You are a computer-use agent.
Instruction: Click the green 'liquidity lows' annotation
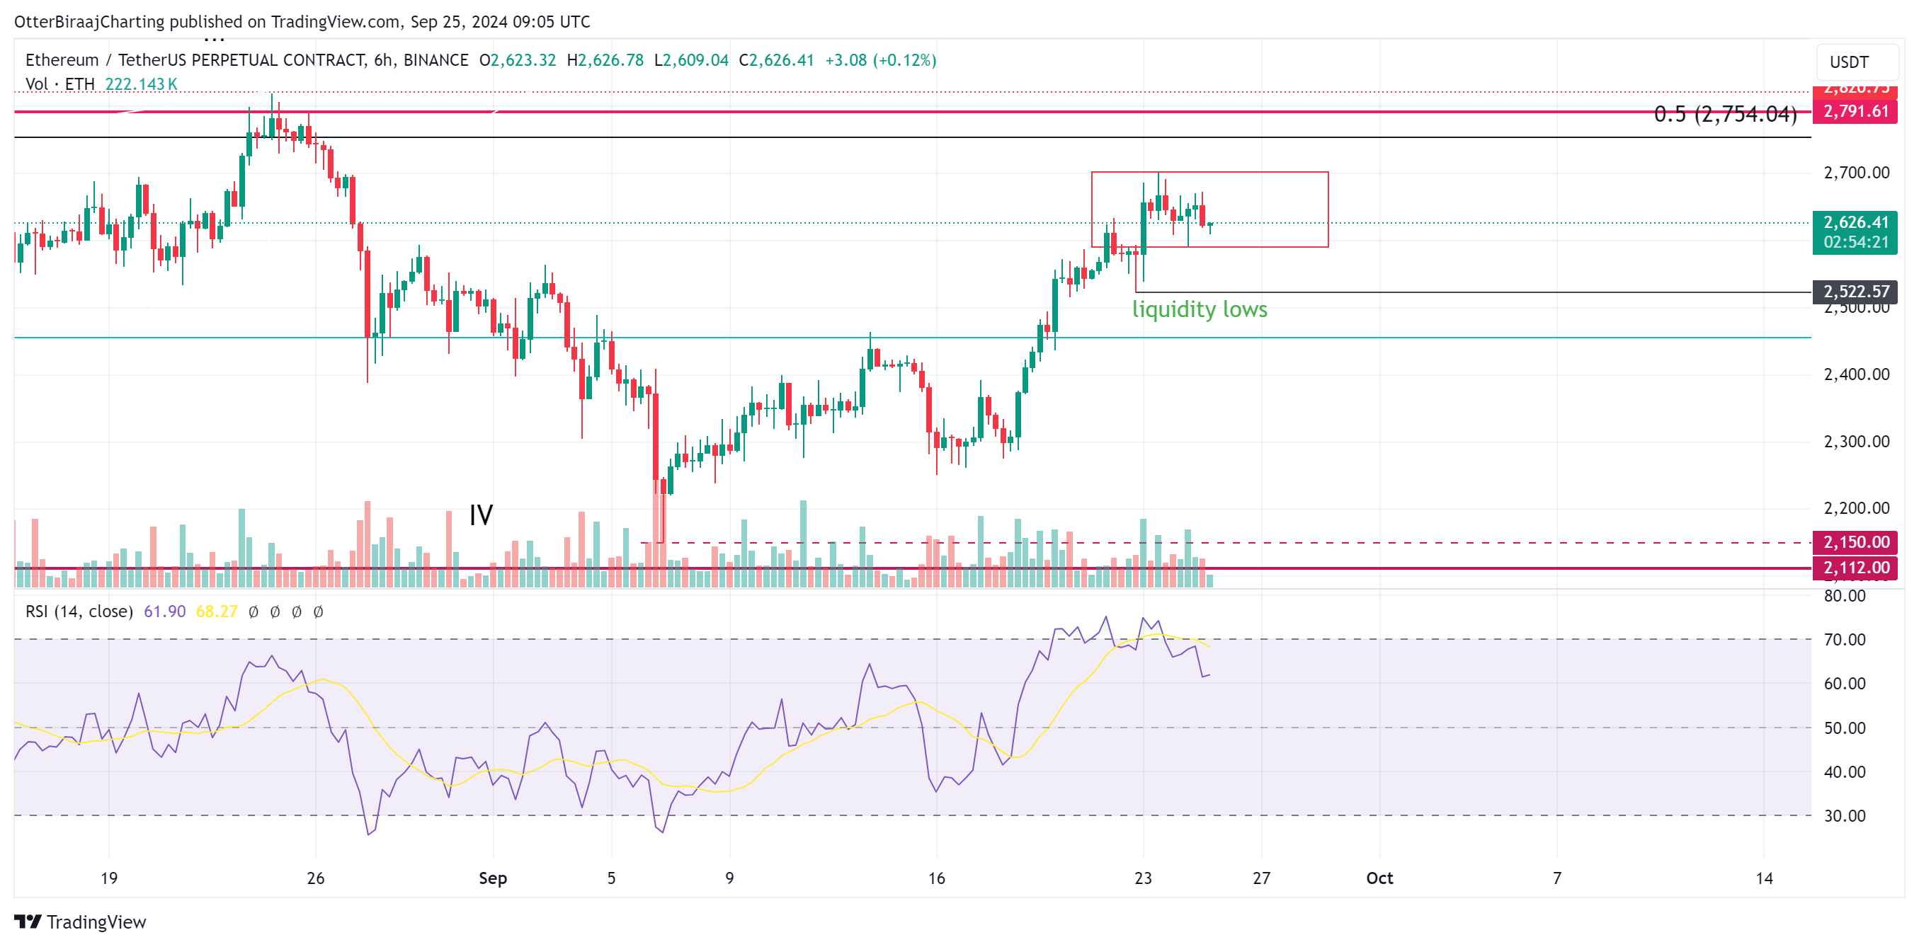[1200, 309]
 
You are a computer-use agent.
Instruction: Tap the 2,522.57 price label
[1856, 291]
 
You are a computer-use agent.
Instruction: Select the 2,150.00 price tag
[1856, 542]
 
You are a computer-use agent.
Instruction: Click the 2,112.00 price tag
[1856, 568]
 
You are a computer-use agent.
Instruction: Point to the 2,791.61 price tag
[1856, 112]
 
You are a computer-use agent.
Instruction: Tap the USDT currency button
[1849, 62]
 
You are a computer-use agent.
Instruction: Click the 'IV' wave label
[481, 515]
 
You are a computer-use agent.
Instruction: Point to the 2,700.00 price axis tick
[1856, 173]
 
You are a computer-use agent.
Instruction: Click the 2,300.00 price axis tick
[1856, 442]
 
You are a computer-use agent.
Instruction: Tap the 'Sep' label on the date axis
[492, 878]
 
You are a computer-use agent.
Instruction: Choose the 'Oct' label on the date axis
[1379, 878]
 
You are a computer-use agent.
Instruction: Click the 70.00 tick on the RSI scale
[1844, 640]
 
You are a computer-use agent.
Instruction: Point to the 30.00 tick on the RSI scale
[1844, 816]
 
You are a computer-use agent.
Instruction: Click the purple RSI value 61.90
[164, 612]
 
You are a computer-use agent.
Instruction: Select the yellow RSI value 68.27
[216, 612]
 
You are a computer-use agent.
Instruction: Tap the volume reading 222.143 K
[141, 84]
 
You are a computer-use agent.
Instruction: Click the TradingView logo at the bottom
[81, 922]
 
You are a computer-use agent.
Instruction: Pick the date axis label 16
[936, 878]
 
